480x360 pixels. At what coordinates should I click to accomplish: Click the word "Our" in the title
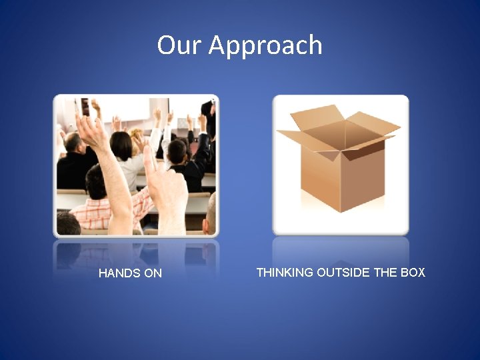pos(179,45)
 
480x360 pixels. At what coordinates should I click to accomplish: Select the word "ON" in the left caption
pos(153,273)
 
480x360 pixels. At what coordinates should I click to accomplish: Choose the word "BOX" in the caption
pos(411,272)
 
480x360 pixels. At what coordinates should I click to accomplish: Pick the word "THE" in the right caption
pos(385,272)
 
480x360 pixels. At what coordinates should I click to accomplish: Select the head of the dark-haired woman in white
pos(121,145)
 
